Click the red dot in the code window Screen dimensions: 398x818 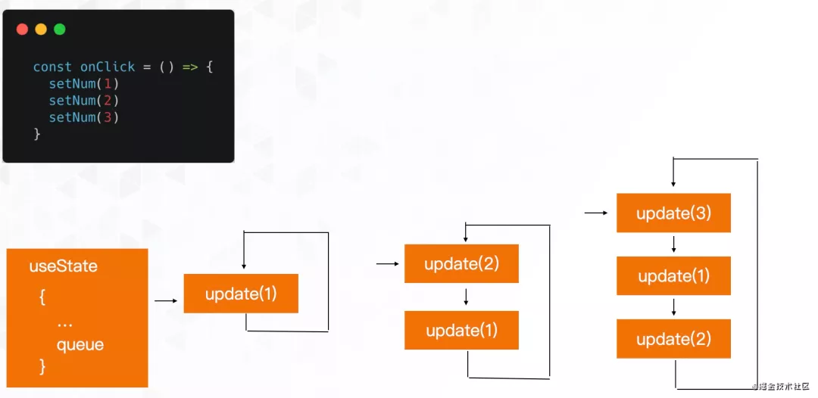[22, 30]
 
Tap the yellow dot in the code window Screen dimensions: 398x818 [41, 30]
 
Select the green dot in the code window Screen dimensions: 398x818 [60, 30]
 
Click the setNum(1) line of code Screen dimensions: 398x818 [84, 84]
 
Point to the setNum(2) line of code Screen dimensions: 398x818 [84, 101]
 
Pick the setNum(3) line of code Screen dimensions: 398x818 [84, 117]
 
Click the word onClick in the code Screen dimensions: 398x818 [108, 67]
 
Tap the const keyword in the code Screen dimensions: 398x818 [52, 67]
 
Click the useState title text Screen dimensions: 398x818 [64, 266]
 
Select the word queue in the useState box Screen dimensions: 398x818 [80, 345]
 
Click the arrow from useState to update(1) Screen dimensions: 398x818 [166, 301]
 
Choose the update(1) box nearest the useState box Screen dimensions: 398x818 [241, 294]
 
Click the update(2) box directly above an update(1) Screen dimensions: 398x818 [461, 264]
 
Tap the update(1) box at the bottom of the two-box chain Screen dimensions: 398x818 [461, 331]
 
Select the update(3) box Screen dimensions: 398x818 [673, 213]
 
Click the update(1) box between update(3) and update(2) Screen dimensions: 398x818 [673, 276]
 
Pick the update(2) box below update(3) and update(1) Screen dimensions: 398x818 [673, 339]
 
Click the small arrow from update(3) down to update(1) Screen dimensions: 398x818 [674, 244]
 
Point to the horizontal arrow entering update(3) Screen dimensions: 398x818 [596, 213]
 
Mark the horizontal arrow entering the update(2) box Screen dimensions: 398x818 [387, 264]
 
